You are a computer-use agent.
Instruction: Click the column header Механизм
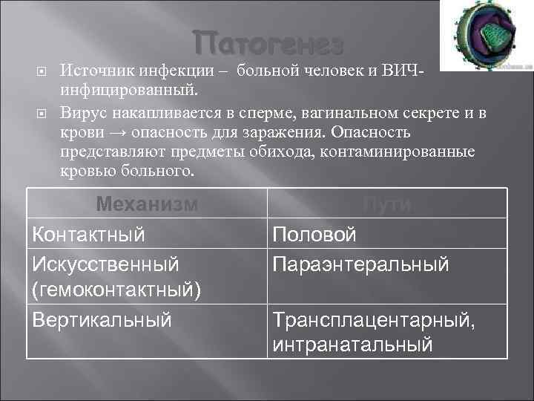click(148, 204)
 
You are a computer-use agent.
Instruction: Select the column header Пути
click(388, 204)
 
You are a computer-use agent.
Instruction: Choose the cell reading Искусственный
click(105, 264)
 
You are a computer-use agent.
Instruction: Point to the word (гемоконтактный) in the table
click(115, 290)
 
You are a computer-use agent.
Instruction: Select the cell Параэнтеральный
click(360, 264)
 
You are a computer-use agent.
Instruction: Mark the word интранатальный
click(352, 345)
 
